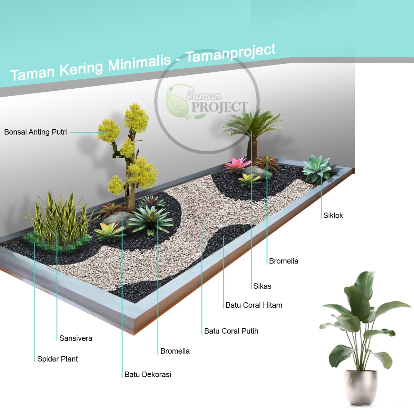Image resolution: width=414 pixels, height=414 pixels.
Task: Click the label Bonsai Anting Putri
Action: pos(36,132)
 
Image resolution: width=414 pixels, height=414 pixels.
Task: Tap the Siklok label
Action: pos(333,216)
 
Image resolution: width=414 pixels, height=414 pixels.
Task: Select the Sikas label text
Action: pos(262,286)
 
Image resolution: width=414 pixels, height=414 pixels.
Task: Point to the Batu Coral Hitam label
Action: pos(254,305)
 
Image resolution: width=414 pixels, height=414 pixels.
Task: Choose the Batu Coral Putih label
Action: pos(231,331)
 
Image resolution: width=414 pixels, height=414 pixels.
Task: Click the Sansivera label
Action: pos(76,338)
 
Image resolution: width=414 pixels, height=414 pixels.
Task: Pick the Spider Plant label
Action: pos(58,359)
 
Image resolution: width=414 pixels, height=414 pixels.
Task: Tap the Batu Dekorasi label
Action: pos(148,375)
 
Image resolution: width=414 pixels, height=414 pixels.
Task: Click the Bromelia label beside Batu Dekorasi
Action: pos(175,351)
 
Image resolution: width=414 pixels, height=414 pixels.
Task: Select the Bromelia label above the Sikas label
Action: pos(284,261)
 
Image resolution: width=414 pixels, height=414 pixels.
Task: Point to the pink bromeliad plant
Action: pos(237,164)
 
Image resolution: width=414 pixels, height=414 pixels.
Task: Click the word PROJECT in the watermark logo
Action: pos(220,107)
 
